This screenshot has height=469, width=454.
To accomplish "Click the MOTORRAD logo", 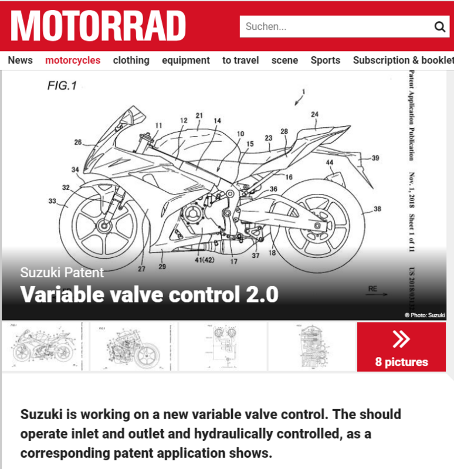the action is tap(98, 26).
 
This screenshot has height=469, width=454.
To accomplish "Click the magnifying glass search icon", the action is tap(440, 26).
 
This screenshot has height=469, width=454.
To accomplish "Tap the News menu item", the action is tap(20, 60).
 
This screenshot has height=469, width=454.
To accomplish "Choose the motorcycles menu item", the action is tap(73, 60).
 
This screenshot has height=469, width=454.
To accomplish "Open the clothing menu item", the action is tap(131, 60).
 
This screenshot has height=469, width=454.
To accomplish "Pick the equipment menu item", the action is tap(185, 60).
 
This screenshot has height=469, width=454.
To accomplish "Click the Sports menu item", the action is tap(326, 60).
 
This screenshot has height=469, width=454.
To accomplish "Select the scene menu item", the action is tap(284, 60).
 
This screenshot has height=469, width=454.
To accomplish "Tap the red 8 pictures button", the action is tap(401, 346).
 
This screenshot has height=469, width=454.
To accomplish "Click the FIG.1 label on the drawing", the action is tap(62, 86).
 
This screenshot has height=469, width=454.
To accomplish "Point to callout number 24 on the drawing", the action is tap(315, 114).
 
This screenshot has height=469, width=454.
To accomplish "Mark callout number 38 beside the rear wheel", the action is tap(377, 209).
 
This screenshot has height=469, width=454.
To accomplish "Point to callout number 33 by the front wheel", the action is tap(52, 201).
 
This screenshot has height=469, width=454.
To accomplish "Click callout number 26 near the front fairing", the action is tap(78, 142).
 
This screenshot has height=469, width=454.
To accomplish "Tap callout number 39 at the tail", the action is tap(375, 158).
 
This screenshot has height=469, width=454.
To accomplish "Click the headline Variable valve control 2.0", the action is tap(149, 294).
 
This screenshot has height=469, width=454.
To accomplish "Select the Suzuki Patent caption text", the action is tap(62, 273).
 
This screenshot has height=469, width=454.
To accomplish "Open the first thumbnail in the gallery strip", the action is tap(45, 346).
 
